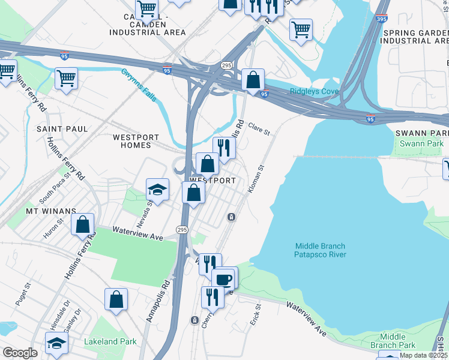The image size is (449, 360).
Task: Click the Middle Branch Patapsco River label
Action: point(321,250)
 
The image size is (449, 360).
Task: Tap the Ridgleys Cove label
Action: point(315,91)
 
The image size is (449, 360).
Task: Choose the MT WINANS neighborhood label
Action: point(50,211)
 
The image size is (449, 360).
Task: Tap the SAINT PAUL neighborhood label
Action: point(62,129)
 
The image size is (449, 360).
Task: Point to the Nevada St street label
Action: point(142,214)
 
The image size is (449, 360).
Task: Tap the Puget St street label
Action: point(23,294)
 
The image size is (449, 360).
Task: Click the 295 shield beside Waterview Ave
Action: point(182,230)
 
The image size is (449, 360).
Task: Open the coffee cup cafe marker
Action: point(223,280)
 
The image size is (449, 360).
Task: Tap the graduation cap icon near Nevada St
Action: point(158,190)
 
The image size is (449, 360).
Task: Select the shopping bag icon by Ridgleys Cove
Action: point(253,79)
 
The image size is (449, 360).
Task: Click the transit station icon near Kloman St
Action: point(231,217)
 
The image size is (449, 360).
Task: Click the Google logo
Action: point(20,352)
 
